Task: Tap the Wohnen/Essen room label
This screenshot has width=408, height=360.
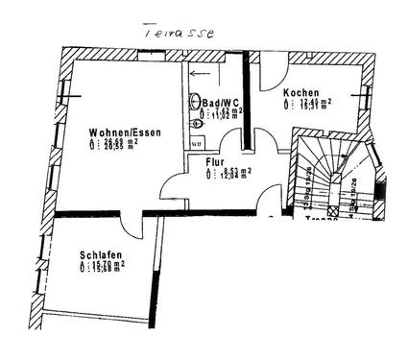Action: coord(124,132)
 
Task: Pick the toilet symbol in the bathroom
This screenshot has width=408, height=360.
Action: coord(195,123)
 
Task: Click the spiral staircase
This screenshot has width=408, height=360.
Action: coord(331,173)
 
